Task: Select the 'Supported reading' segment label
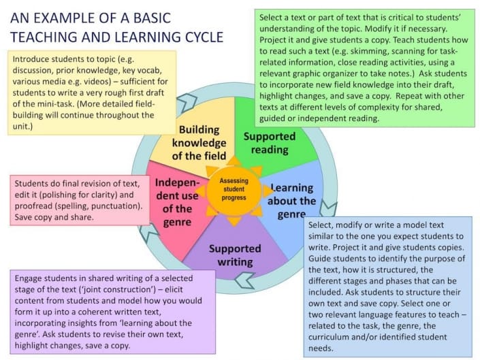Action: tap(269, 143)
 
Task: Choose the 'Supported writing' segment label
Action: tap(234, 255)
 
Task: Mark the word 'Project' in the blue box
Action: tap(336, 247)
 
